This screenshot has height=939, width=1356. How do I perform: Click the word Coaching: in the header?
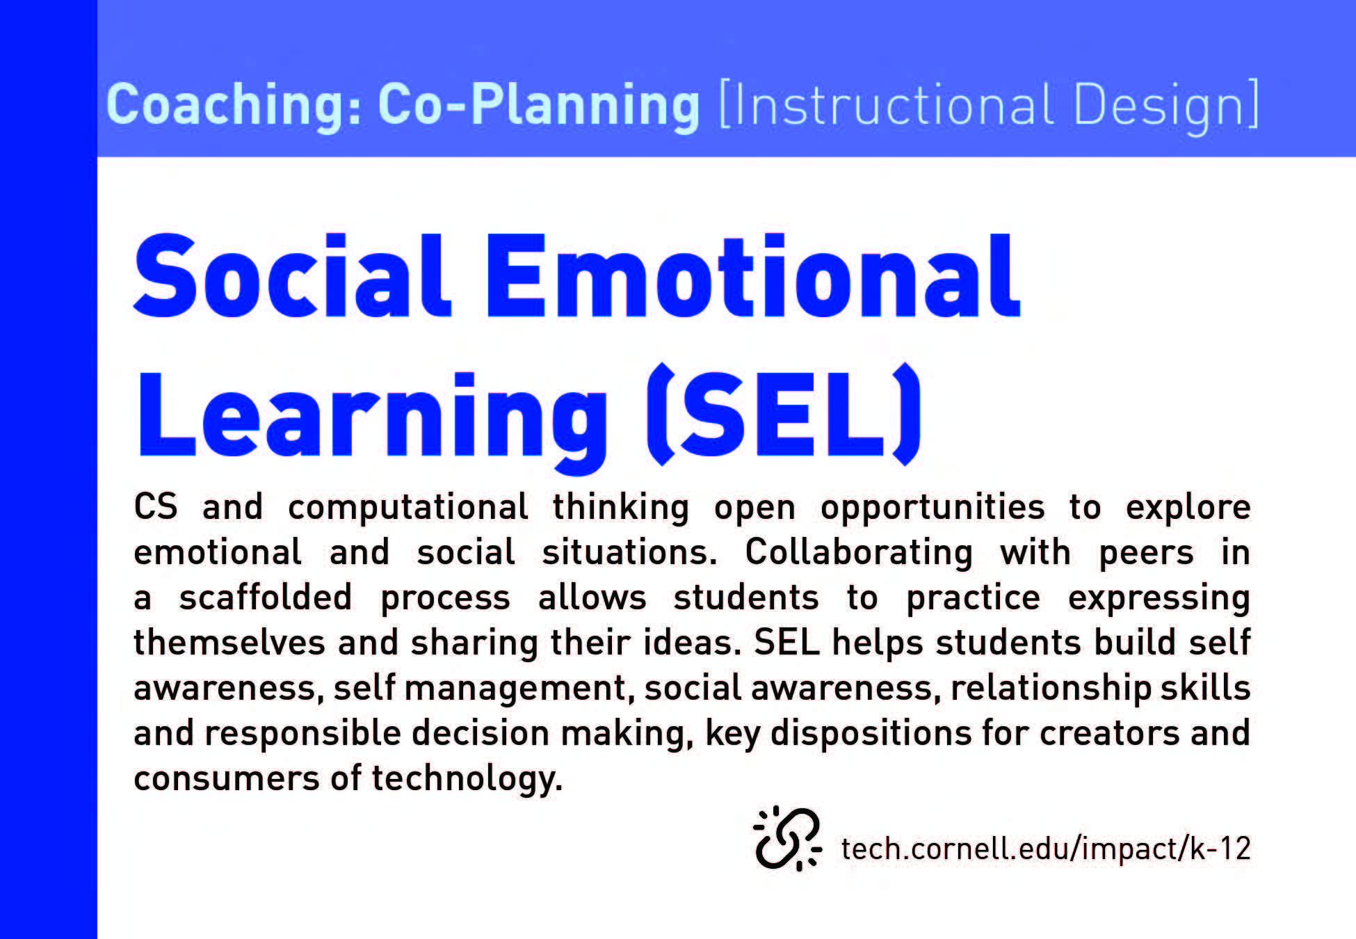click(234, 105)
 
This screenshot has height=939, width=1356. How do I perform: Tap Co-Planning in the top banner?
click(539, 105)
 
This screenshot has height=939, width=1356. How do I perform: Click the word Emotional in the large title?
click(752, 275)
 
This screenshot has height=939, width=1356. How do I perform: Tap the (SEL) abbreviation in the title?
click(783, 415)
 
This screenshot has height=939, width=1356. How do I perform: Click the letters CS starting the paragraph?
click(156, 506)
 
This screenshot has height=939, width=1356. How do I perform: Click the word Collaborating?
click(859, 553)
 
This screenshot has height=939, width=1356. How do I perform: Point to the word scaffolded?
click(266, 597)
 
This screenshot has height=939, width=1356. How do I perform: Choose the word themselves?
click(229, 642)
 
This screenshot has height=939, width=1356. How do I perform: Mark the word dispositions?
click(871, 734)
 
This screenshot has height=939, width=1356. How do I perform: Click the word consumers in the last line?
click(227, 779)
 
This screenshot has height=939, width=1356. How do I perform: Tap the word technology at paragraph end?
click(467, 779)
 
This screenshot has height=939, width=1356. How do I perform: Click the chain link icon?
click(788, 838)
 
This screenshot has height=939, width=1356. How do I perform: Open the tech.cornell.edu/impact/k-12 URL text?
click(1046, 849)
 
